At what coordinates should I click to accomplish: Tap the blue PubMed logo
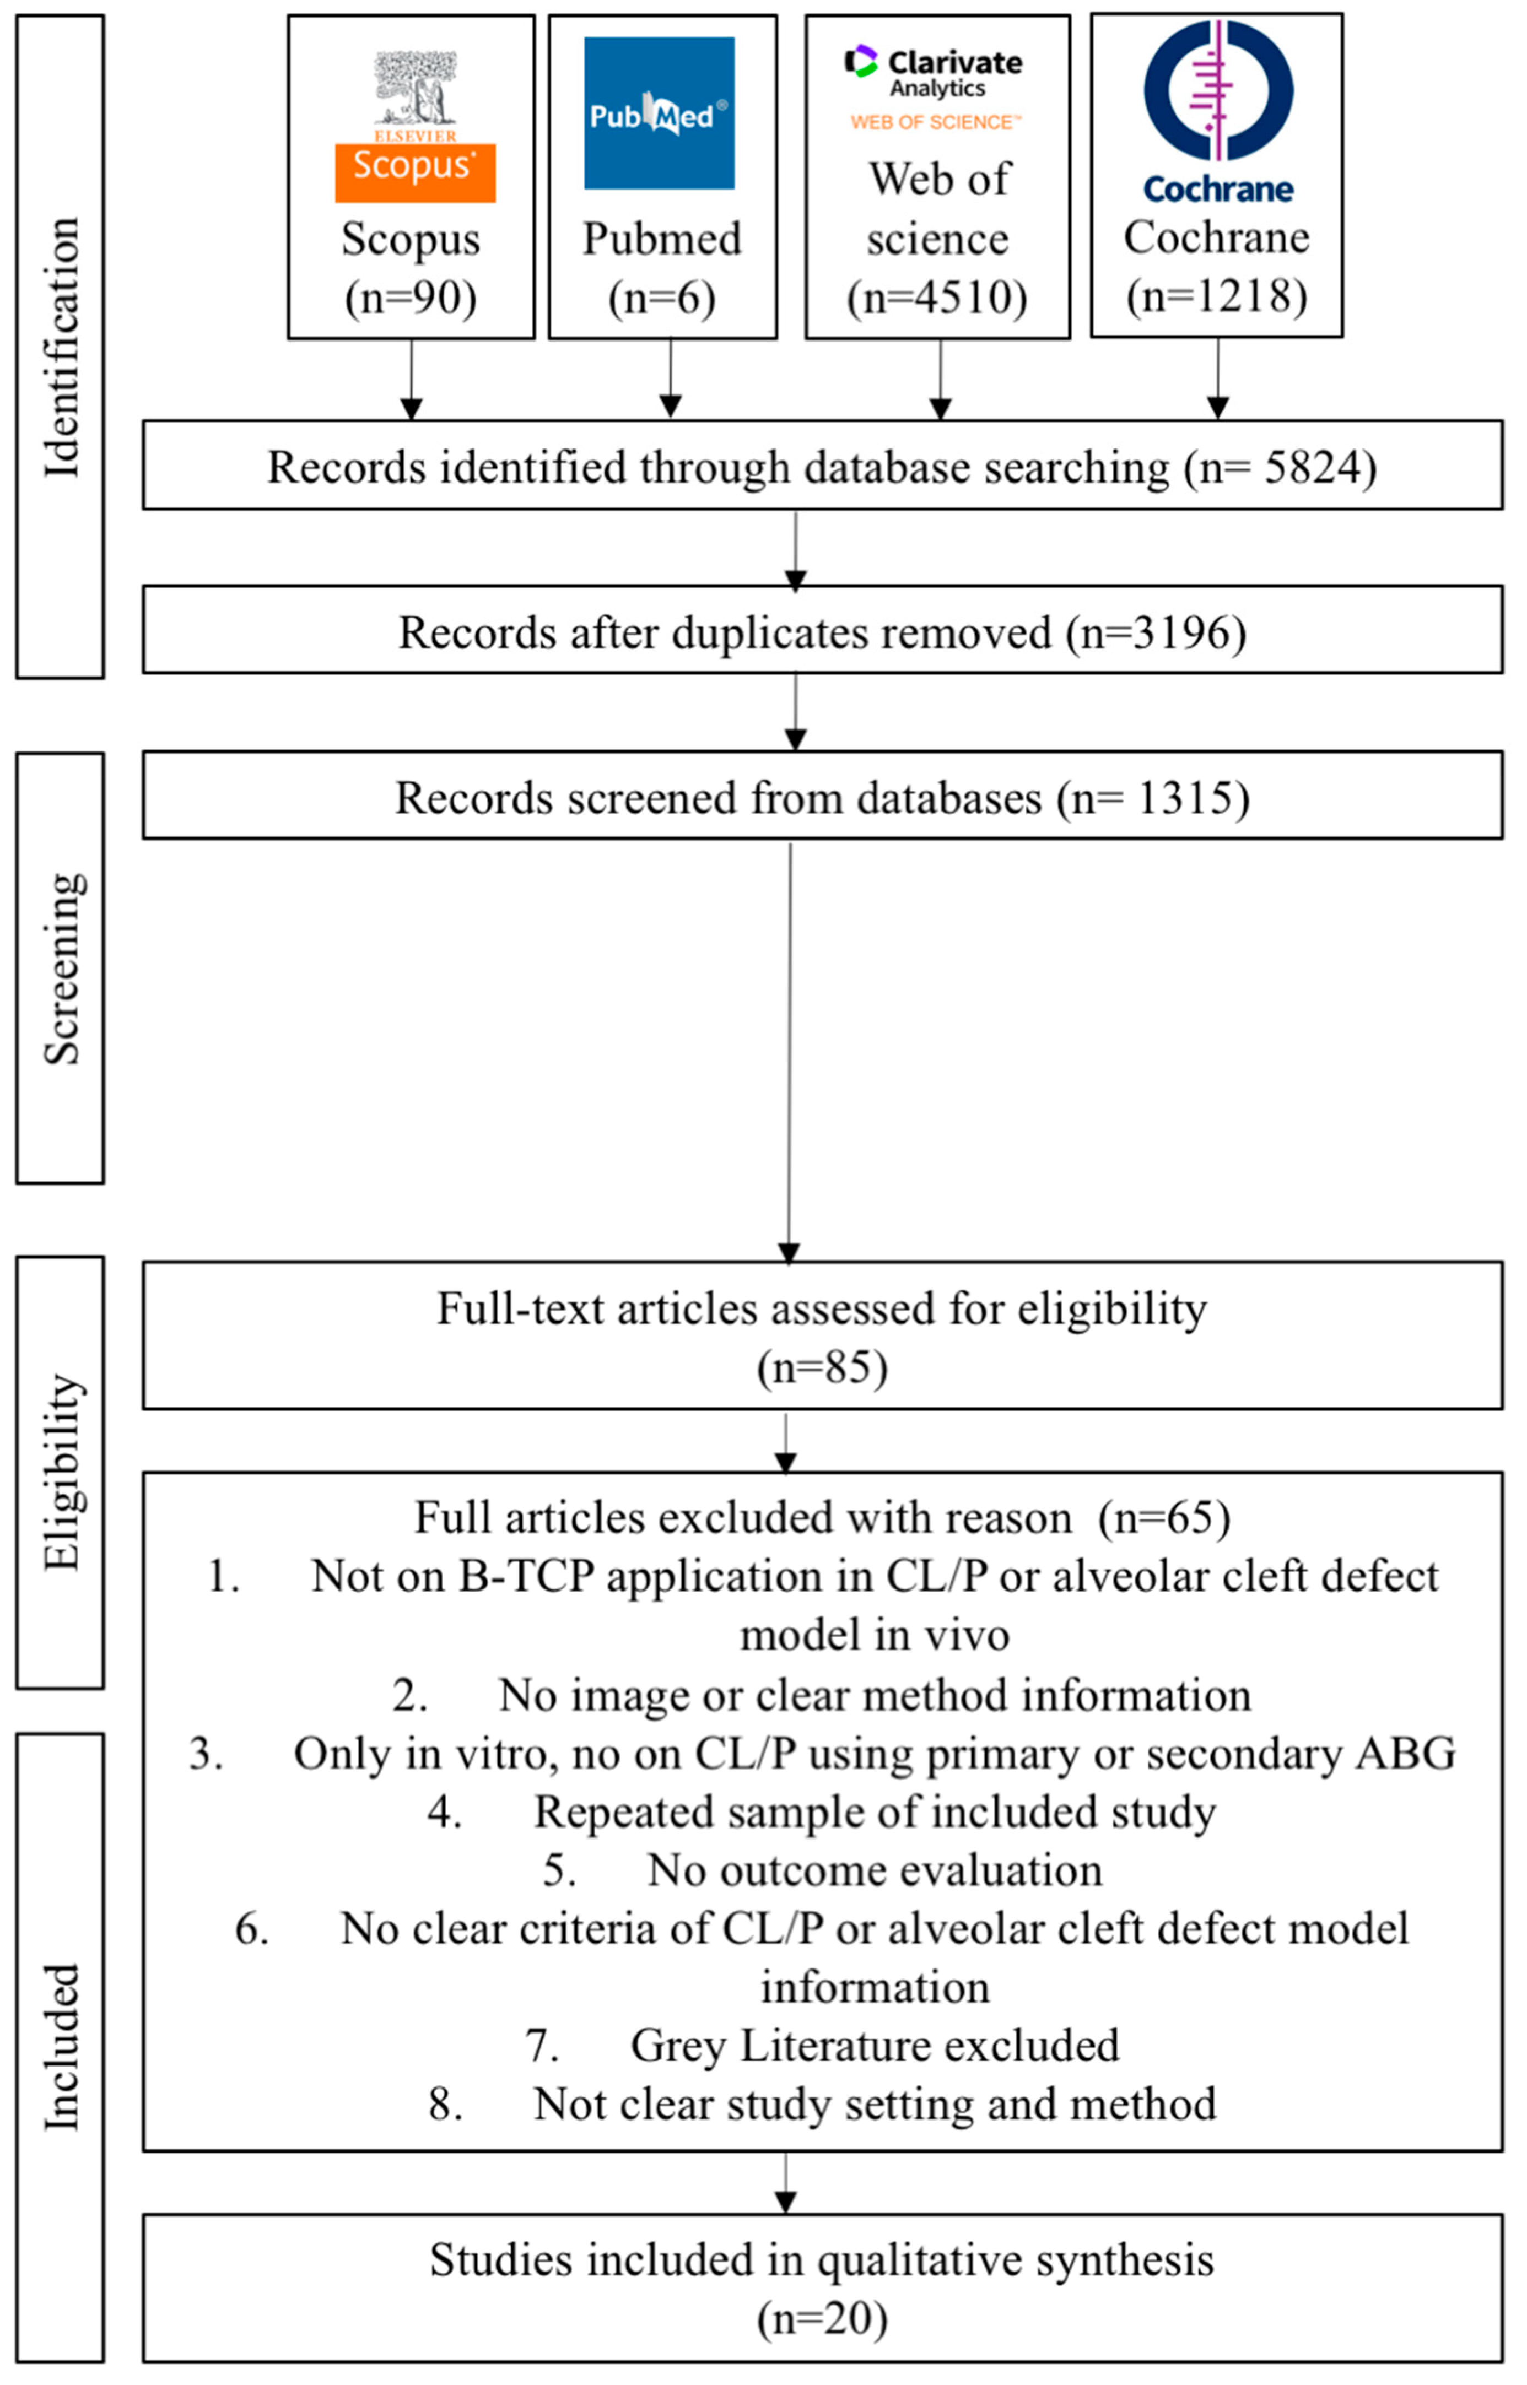660,113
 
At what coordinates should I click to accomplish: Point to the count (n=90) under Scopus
411,298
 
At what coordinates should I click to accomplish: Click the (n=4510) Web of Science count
937,298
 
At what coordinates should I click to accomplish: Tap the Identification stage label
62,347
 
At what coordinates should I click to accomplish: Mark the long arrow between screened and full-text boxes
789,1051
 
